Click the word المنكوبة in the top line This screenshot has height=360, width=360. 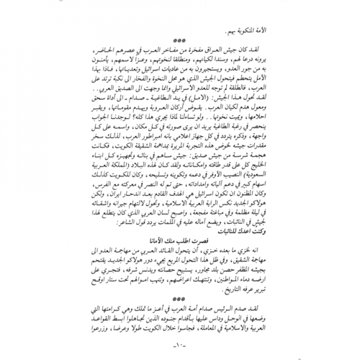coord(290,25)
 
